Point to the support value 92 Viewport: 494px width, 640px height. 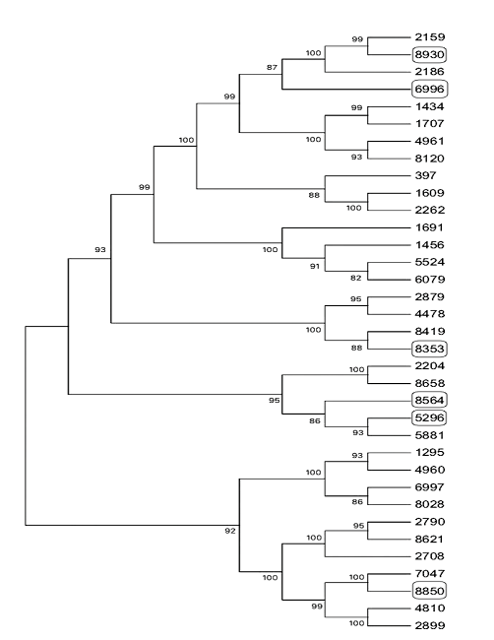point(228,531)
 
